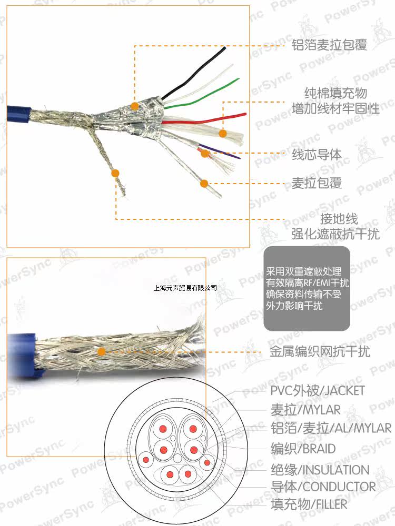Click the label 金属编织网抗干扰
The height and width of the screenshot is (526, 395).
pos(320,351)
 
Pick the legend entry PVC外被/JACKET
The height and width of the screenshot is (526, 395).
pos(317,391)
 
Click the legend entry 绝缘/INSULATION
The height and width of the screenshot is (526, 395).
pos(320,469)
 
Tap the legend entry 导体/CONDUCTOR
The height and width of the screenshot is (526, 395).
pos(323,487)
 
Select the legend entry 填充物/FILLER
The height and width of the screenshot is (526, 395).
pos(309,504)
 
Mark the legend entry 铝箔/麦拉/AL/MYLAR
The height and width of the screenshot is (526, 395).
pos(331,428)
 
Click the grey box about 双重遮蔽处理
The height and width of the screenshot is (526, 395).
pos(307,288)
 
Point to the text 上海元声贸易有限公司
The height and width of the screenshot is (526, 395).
pos(185,288)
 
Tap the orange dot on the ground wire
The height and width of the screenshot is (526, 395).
pos(116,173)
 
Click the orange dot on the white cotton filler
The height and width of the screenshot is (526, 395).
pos(222,134)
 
